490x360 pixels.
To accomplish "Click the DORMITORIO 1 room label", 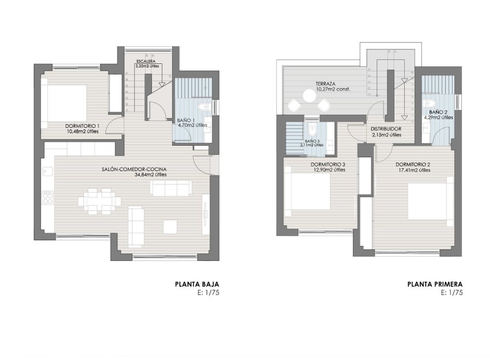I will pos(82,126).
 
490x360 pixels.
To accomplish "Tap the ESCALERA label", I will pos(145,61).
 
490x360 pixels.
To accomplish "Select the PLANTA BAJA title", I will pos(197,284).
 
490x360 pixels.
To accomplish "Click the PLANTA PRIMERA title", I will pos(435,284).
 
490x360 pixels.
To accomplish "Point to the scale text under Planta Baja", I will pos(208,293).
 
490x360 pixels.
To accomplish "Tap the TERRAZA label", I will pos(325,84).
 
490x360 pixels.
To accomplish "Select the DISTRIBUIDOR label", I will pos(386,129).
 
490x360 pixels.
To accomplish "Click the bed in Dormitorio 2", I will pos(428,202).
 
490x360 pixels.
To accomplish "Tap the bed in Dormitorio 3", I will pos(307,193).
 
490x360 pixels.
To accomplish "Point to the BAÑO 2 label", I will pos(438,112).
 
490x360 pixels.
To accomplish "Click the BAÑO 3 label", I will pos(312,141).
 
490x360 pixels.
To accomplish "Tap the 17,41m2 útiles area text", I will pos(413,170).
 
